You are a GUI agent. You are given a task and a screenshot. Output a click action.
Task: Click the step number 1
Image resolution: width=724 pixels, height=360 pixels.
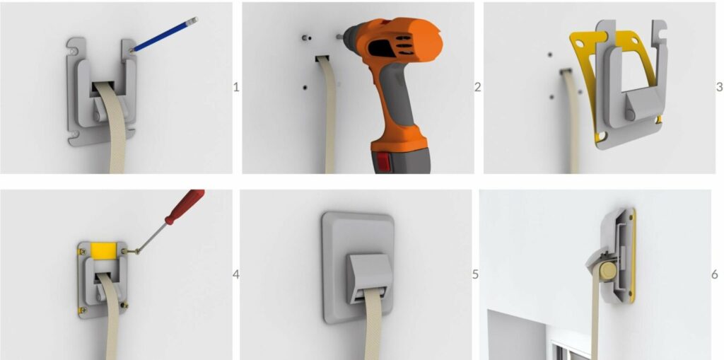tap(236, 87)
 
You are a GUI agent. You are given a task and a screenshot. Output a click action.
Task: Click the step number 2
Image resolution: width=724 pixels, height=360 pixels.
tap(477, 87)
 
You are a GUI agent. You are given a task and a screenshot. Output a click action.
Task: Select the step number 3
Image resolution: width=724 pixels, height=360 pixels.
tap(719, 87)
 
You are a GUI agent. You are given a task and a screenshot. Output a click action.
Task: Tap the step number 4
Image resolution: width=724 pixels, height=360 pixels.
tap(236, 274)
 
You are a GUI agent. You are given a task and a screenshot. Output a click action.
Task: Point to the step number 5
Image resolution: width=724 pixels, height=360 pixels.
tap(476, 274)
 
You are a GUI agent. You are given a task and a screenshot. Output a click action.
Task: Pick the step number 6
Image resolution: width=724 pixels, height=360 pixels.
tap(715, 274)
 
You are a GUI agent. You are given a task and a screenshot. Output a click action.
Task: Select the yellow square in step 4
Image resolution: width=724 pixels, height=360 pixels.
tap(103, 251)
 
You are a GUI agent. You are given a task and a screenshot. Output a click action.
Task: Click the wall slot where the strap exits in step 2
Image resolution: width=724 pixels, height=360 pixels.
tap(322, 58)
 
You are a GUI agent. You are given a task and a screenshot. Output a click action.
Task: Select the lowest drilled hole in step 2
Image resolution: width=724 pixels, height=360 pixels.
tap(305, 87)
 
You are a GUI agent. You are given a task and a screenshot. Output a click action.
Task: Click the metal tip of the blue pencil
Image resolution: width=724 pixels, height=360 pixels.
tap(194, 20)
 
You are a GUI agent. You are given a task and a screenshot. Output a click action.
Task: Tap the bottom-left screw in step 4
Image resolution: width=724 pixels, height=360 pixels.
tap(83, 310)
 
